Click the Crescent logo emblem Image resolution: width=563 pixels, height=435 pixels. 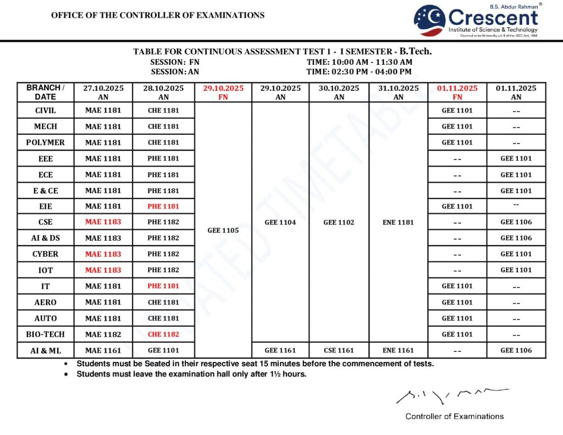click(x=430, y=20)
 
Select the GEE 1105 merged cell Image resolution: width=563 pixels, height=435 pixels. click(x=223, y=230)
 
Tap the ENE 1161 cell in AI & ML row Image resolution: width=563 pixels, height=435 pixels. click(x=398, y=350)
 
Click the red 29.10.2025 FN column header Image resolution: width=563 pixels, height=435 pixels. click(x=223, y=92)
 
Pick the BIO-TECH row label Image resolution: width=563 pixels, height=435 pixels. click(x=45, y=334)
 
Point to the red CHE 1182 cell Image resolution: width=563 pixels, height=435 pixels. click(x=163, y=334)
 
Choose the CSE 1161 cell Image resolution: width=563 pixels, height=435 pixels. click(x=339, y=350)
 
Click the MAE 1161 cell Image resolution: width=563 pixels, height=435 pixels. click(x=103, y=350)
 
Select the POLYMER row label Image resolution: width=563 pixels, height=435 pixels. click(x=45, y=142)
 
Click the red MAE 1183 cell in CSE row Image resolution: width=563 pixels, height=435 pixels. click(x=103, y=222)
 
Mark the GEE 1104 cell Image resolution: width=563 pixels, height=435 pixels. click(x=280, y=222)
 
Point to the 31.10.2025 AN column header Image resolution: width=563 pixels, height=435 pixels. click(x=398, y=92)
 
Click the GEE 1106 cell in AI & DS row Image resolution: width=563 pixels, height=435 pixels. click(x=516, y=238)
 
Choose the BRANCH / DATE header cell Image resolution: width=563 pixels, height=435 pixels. click(x=45, y=92)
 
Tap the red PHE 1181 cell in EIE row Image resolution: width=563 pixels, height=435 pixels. click(x=163, y=206)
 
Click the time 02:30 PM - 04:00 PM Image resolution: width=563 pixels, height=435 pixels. click(x=358, y=71)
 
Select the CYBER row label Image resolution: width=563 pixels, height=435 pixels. click(x=45, y=254)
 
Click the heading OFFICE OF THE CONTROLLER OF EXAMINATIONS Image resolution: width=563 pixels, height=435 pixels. click(x=158, y=15)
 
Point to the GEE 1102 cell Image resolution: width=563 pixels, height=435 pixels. click(x=339, y=222)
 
